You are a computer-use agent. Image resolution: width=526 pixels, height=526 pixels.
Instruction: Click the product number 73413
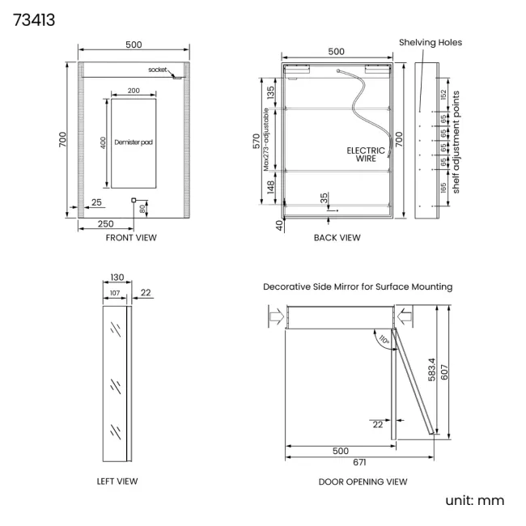tap(34, 19)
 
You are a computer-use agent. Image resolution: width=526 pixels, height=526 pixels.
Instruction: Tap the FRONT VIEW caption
tap(131, 237)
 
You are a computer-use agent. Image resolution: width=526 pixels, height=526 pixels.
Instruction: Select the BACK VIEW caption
tap(337, 237)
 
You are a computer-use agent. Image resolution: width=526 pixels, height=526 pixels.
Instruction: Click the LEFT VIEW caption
tap(117, 481)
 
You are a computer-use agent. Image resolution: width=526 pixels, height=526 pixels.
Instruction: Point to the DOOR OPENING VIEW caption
tap(363, 481)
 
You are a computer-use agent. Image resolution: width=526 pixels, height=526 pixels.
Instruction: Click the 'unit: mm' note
tap(475, 500)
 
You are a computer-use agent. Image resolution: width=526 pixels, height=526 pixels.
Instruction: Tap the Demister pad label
tap(134, 142)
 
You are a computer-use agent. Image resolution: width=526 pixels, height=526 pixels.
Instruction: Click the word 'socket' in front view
tap(157, 70)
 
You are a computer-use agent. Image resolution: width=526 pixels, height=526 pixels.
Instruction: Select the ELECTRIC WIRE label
tap(366, 155)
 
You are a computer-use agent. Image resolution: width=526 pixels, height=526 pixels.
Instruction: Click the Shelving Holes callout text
tap(431, 42)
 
